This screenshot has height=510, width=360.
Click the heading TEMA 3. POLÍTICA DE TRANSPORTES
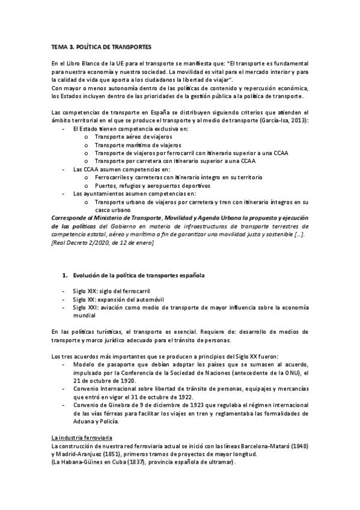(x=101, y=46)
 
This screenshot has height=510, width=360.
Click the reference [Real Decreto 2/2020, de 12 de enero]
(x=103, y=242)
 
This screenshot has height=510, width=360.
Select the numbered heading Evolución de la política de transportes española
(x=138, y=275)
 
